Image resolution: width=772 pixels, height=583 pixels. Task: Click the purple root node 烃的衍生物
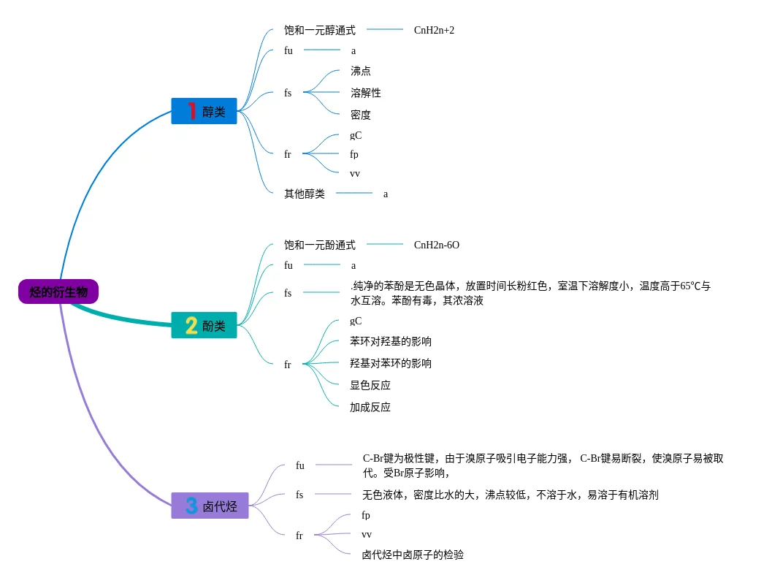coord(58,292)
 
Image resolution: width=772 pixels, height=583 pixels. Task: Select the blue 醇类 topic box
coord(205,112)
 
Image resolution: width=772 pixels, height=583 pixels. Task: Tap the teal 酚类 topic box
coord(205,326)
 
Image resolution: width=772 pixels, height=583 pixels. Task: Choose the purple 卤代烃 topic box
coord(210,506)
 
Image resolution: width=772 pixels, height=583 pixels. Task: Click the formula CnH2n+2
coord(434,30)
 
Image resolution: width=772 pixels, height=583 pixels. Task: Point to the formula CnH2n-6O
coord(437,245)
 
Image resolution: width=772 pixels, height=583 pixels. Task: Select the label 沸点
coord(360,71)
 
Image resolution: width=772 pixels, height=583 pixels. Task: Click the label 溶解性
coord(365,93)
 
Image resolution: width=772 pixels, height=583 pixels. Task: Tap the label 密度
coord(360,115)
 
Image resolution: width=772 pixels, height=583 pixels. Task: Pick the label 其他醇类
coord(305,194)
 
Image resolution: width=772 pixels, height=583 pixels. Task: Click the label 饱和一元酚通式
coord(320,245)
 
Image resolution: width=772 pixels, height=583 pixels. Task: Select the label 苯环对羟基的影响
coord(391,341)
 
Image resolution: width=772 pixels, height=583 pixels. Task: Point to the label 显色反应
coord(370,385)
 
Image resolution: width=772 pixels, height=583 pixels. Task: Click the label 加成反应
coord(370,407)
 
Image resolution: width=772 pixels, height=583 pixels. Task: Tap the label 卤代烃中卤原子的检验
coord(413,555)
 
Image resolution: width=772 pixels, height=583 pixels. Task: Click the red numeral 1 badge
coord(191,111)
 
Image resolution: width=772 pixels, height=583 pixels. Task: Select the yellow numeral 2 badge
coord(191,326)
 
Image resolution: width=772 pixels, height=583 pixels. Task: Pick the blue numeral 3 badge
coord(191,506)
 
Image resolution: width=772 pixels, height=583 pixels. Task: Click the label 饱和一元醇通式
coord(320,30)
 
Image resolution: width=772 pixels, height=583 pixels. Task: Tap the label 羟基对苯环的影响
coord(391,363)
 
